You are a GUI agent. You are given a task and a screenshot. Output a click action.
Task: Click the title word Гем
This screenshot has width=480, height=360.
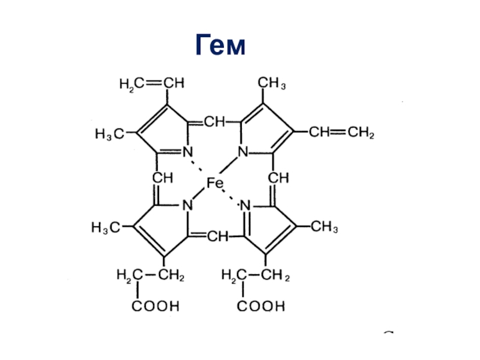tap(220, 47)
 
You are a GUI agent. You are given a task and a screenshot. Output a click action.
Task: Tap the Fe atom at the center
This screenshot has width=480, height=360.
tap(214, 183)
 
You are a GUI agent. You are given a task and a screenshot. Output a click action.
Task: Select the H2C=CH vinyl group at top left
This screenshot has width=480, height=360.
tap(152, 85)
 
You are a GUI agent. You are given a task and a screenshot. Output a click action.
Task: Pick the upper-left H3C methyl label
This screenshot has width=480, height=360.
tap(109, 133)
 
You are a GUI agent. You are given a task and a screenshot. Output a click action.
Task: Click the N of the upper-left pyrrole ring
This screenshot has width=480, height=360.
tap(187, 152)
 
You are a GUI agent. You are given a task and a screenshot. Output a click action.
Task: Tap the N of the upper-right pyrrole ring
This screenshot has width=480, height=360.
tap(243, 152)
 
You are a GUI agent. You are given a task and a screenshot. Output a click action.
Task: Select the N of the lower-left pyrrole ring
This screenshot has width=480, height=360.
tap(187, 205)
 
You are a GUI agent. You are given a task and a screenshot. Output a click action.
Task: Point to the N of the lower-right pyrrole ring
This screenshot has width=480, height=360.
tap(245, 206)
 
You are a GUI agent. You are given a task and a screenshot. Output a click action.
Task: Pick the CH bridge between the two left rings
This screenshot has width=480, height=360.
tap(163, 178)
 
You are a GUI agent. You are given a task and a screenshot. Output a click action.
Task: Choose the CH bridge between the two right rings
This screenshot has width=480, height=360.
tap(278, 178)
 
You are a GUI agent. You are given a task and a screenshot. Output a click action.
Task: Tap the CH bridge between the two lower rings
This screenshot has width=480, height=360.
tap(218, 238)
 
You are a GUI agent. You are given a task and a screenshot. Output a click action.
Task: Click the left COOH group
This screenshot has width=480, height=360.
tap(155, 307)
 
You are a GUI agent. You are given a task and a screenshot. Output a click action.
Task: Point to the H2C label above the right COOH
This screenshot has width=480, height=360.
tap(232, 276)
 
